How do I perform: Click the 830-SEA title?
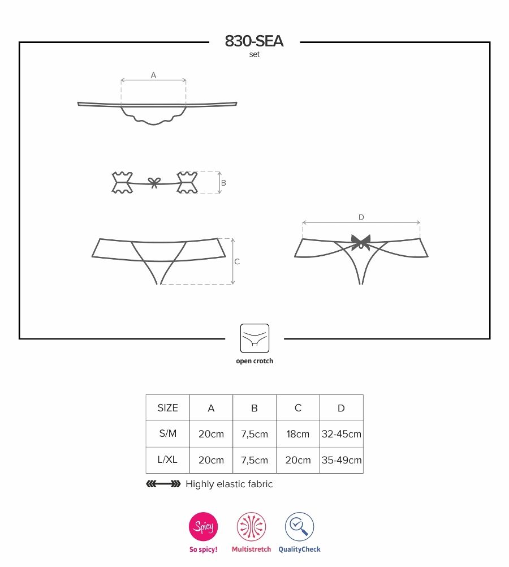pos(254,41)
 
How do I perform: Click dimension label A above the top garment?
pos(153,75)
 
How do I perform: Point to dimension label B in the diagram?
pos(223,183)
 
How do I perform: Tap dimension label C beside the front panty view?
pos(237,261)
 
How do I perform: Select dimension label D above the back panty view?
pos(361,217)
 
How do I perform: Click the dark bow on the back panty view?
pos(360,242)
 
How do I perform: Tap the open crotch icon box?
pos(255,338)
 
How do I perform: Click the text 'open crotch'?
pos(255,361)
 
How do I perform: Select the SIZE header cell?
pos(167,408)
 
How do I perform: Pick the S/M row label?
pos(167,434)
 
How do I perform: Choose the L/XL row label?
pos(167,460)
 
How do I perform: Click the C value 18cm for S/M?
pos(298,434)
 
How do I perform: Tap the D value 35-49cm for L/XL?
pos(342,460)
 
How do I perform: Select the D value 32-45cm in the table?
pos(342,434)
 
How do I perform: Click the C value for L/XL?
pos(298,460)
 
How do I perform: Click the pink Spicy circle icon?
pos(203,527)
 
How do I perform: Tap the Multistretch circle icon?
pos(251,527)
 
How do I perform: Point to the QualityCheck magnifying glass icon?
pos(299,527)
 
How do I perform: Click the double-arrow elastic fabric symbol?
pos(163,484)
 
